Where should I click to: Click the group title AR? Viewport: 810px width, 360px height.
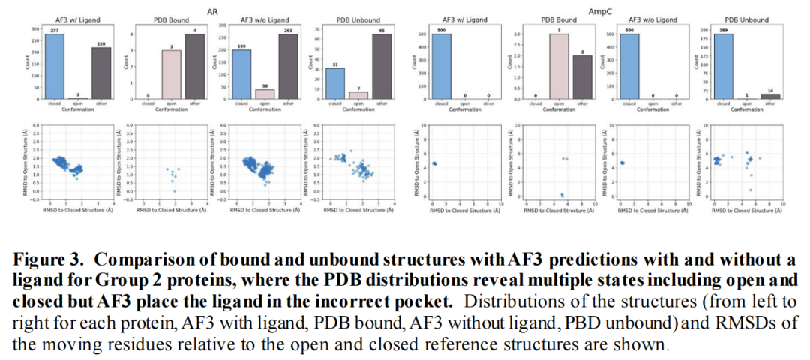pos(212,10)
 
